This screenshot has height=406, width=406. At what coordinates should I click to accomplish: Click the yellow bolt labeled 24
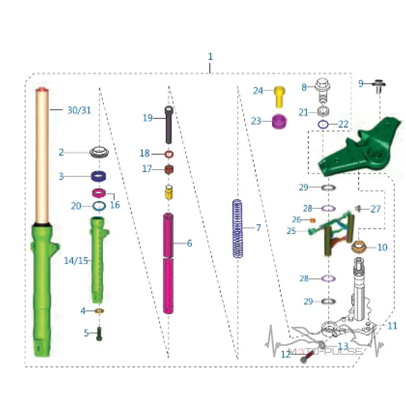tap(280, 96)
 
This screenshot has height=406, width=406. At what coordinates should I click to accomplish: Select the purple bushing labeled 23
tap(280, 121)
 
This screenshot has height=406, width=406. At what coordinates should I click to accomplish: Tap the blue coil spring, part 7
tap(238, 229)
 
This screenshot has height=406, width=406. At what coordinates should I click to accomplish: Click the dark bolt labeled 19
tap(168, 125)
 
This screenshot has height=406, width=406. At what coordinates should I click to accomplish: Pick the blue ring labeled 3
tap(98, 176)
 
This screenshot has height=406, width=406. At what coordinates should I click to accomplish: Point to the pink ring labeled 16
tap(99, 193)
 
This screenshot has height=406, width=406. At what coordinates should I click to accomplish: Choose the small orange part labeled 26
tap(313, 220)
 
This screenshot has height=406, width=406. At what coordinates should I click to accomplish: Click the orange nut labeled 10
tap(359, 247)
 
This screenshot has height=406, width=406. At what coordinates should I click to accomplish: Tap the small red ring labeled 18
tap(169, 154)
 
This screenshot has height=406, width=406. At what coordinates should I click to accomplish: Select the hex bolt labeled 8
tap(322, 90)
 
